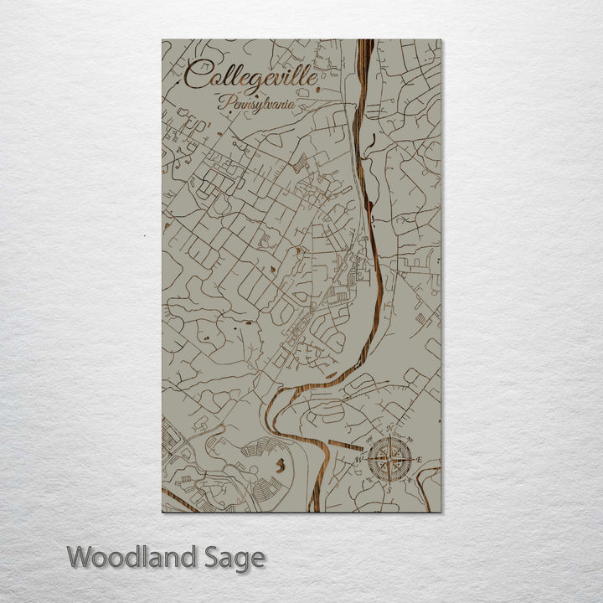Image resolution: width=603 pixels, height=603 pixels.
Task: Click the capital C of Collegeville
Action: pos(196,75)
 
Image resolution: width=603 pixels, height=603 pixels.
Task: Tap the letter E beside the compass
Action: pos(420,460)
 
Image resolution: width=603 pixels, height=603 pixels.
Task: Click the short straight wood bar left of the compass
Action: pos(345,445)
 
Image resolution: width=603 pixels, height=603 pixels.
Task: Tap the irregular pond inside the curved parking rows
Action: pos(282,461)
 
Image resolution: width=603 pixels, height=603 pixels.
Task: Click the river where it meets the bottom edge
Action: pos(314,506)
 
